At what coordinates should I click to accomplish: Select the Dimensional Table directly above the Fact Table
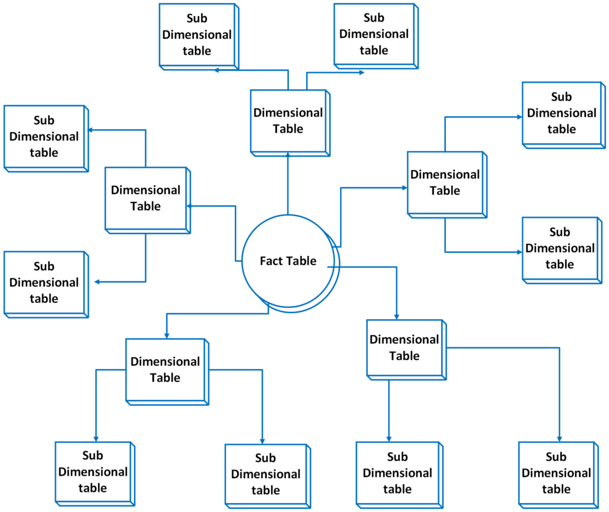[x=288, y=121]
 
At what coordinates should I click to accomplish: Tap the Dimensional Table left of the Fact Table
[x=146, y=198]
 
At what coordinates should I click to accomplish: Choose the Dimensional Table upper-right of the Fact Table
[x=445, y=183]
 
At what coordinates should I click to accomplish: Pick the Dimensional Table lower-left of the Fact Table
[x=165, y=370]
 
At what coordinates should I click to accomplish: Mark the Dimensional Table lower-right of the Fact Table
[x=404, y=348]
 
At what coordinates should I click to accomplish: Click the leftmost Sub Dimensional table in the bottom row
[x=93, y=472]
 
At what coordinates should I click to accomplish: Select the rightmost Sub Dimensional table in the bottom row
[x=556, y=473]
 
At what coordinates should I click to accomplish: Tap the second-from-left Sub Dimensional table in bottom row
[x=265, y=474]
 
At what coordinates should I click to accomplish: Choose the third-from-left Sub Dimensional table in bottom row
[x=397, y=473]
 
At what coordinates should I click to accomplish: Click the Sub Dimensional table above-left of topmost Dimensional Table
[x=197, y=35]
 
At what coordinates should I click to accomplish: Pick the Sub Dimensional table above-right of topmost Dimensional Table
[x=373, y=34]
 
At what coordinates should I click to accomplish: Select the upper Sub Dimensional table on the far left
[x=44, y=136]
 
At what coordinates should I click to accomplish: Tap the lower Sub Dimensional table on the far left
[x=44, y=282]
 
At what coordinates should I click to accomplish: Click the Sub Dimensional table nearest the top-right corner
[x=562, y=113]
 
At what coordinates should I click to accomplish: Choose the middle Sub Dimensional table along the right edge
[x=560, y=248]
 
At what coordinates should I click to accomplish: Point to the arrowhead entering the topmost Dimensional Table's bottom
[x=288, y=154]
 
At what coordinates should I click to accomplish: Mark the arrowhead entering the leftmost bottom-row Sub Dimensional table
[x=96, y=438]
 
